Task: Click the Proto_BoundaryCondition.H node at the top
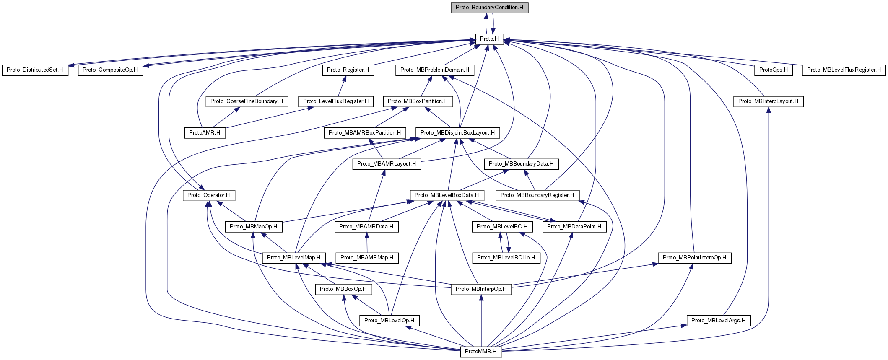tap(489, 8)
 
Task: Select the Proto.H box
tap(489, 39)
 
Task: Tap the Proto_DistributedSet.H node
tap(35, 70)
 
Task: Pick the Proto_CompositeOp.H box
tap(110, 70)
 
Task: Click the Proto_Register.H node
tap(348, 70)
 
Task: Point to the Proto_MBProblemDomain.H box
tap(435, 70)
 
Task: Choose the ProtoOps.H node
tap(774, 70)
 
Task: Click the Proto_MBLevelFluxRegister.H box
tap(844, 70)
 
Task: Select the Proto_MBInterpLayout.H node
tap(768, 101)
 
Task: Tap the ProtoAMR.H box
tap(205, 133)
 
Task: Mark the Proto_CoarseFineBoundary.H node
tap(247, 101)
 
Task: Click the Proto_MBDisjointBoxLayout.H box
tap(457, 133)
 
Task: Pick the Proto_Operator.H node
tap(208, 195)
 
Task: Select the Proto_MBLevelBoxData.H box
tap(447, 195)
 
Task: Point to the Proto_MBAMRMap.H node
tap(367, 258)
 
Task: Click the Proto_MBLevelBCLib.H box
tap(506, 258)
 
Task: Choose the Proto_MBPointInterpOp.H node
tap(695, 258)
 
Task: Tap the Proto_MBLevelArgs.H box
tap(718, 321)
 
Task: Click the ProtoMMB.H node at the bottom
tap(481, 352)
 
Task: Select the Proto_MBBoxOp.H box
tap(343, 289)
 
